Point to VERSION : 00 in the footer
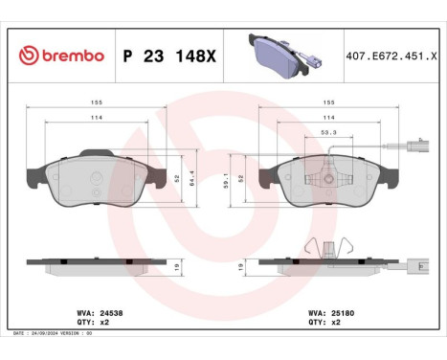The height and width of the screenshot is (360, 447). point(101,332)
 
